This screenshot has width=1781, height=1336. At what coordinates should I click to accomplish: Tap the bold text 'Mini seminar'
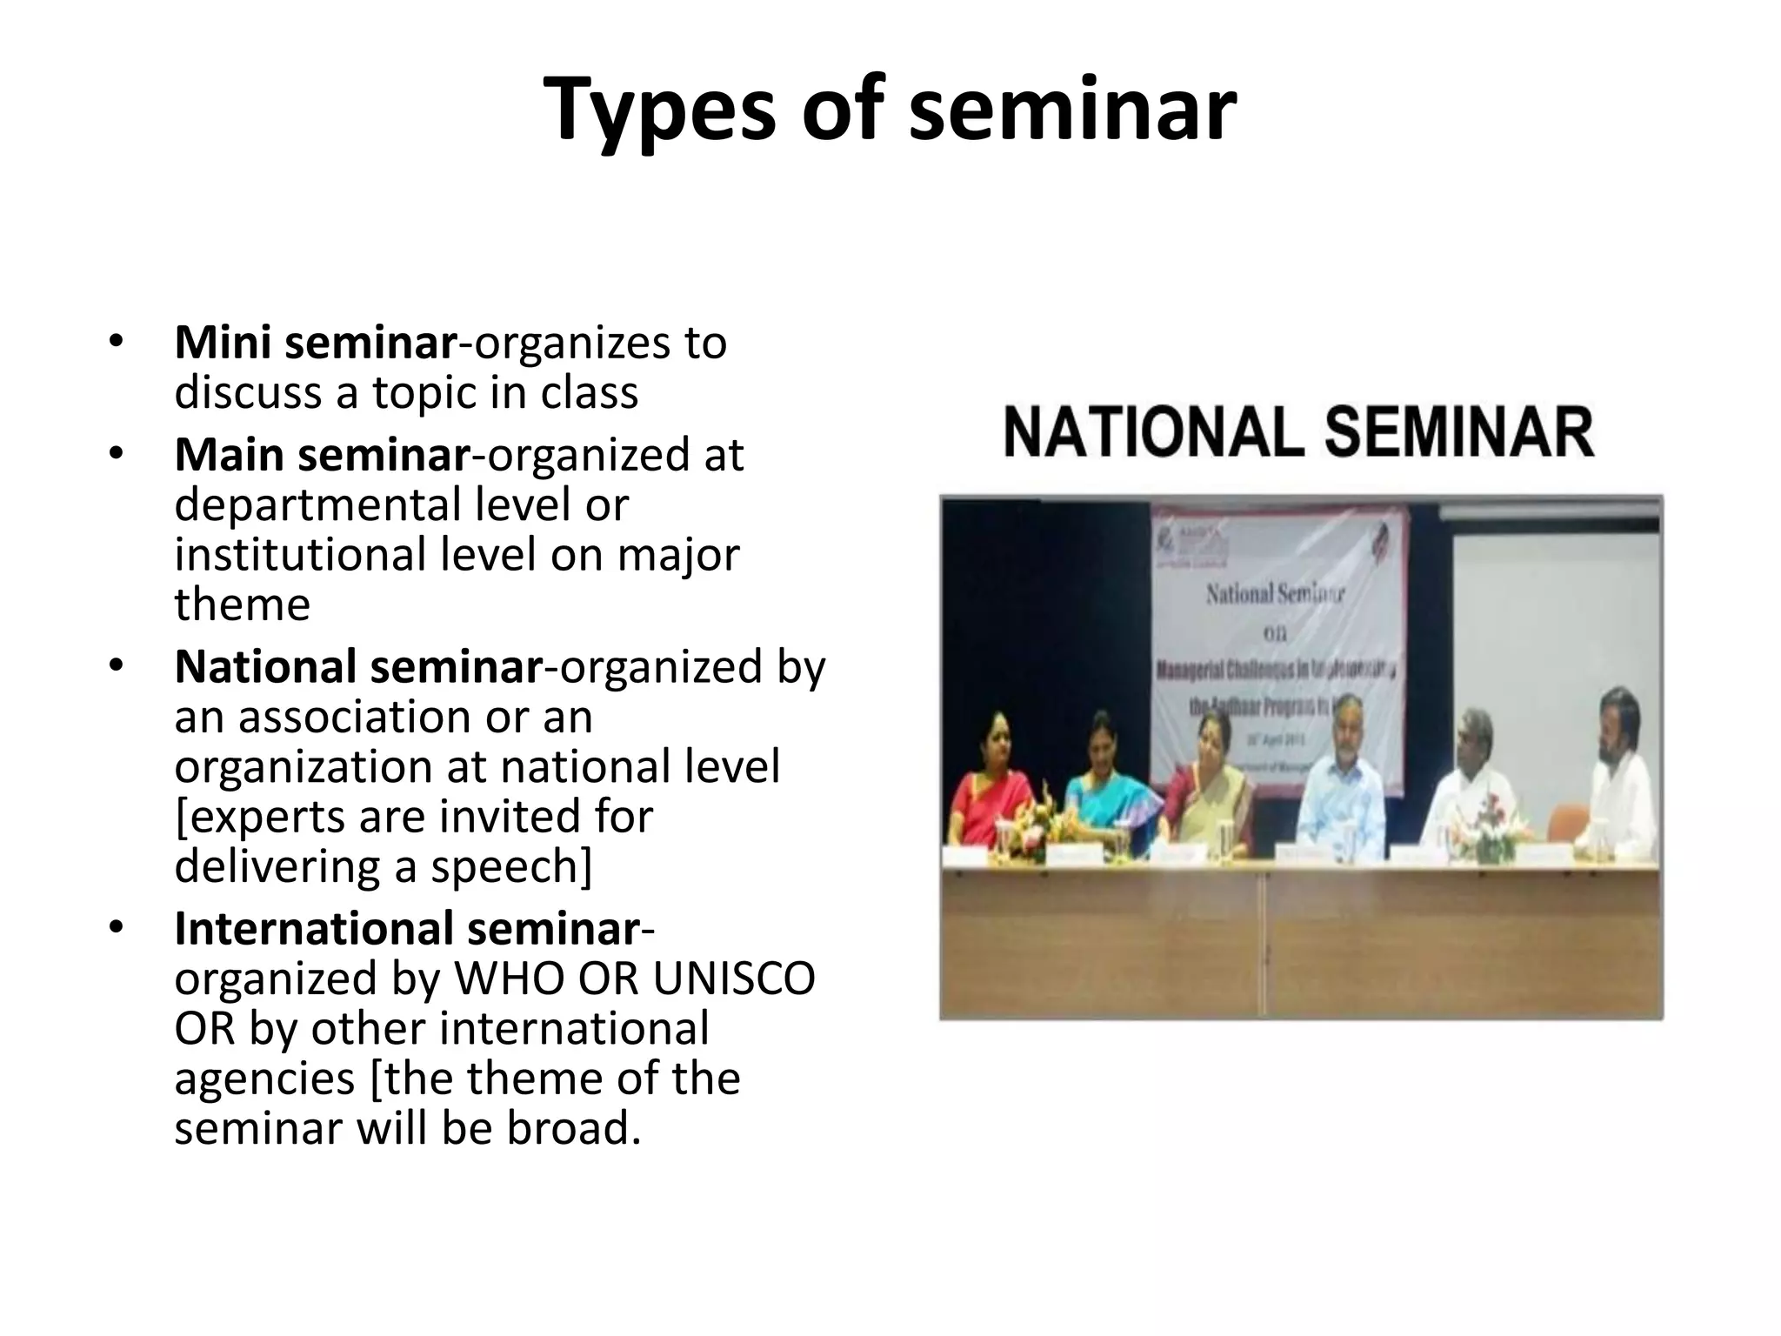coord(315,343)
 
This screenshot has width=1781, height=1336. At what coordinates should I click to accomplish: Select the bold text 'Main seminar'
coord(322,455)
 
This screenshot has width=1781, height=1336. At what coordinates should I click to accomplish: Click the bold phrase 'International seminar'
coord(407,928)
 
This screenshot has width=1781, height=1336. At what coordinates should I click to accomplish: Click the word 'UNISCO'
coord(734,979)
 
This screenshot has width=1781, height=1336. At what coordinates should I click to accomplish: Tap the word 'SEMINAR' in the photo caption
coord(1459,433)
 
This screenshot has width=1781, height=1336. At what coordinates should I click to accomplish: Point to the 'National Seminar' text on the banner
coord(1275,596)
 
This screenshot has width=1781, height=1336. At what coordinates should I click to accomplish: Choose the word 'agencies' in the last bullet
coord(264,1079)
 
